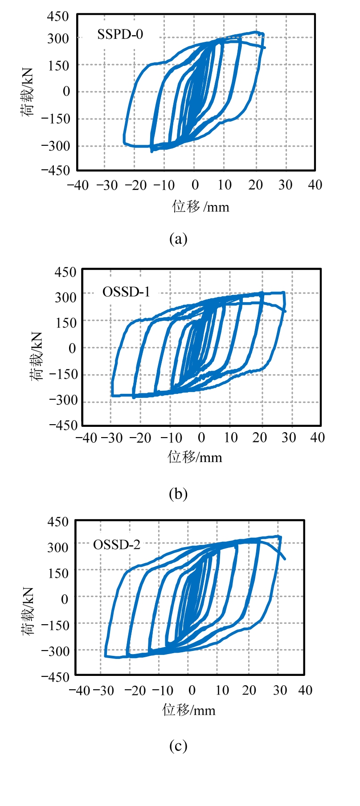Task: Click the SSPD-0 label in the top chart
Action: [x=120, y=34]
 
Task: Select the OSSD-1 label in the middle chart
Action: [x=126, y=292]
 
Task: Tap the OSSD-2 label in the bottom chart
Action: [x=116, y=544]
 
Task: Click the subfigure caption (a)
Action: [x=178, y=239]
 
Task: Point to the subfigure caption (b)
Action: [x=178, y=494]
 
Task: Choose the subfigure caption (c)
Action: [x=178, y=745]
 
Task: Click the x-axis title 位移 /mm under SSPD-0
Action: [x=200, y=207]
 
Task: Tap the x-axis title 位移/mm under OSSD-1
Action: [x=195, y=457]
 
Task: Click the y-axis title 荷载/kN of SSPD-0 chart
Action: [x=27, y=92]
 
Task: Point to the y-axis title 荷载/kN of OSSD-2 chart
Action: [x=28, y=611]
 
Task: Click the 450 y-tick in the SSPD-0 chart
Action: [x=58, y=16]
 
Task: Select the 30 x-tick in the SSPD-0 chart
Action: [x=285, y=185]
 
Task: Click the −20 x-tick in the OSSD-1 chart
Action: [x=140, y=438]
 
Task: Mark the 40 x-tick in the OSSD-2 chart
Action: [x=305, y=690]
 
